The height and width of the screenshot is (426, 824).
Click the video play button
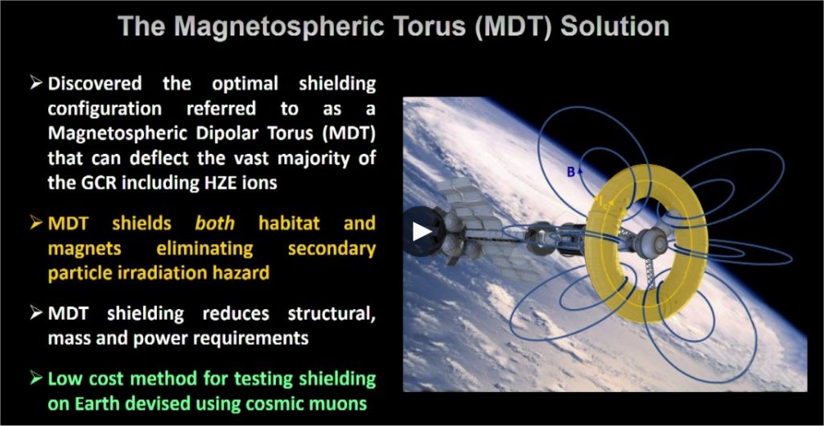[421, 231]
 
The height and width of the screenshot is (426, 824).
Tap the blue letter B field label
[571, 172]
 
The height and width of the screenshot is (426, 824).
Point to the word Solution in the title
[615, 27]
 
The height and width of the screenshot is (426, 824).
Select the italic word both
[215, 224]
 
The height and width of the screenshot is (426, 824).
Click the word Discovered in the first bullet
[95, 84]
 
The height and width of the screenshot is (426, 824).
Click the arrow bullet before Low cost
[36, 378]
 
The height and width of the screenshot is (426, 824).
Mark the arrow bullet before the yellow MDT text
[36, 223]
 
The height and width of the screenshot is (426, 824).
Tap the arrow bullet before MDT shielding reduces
[36, 313]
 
